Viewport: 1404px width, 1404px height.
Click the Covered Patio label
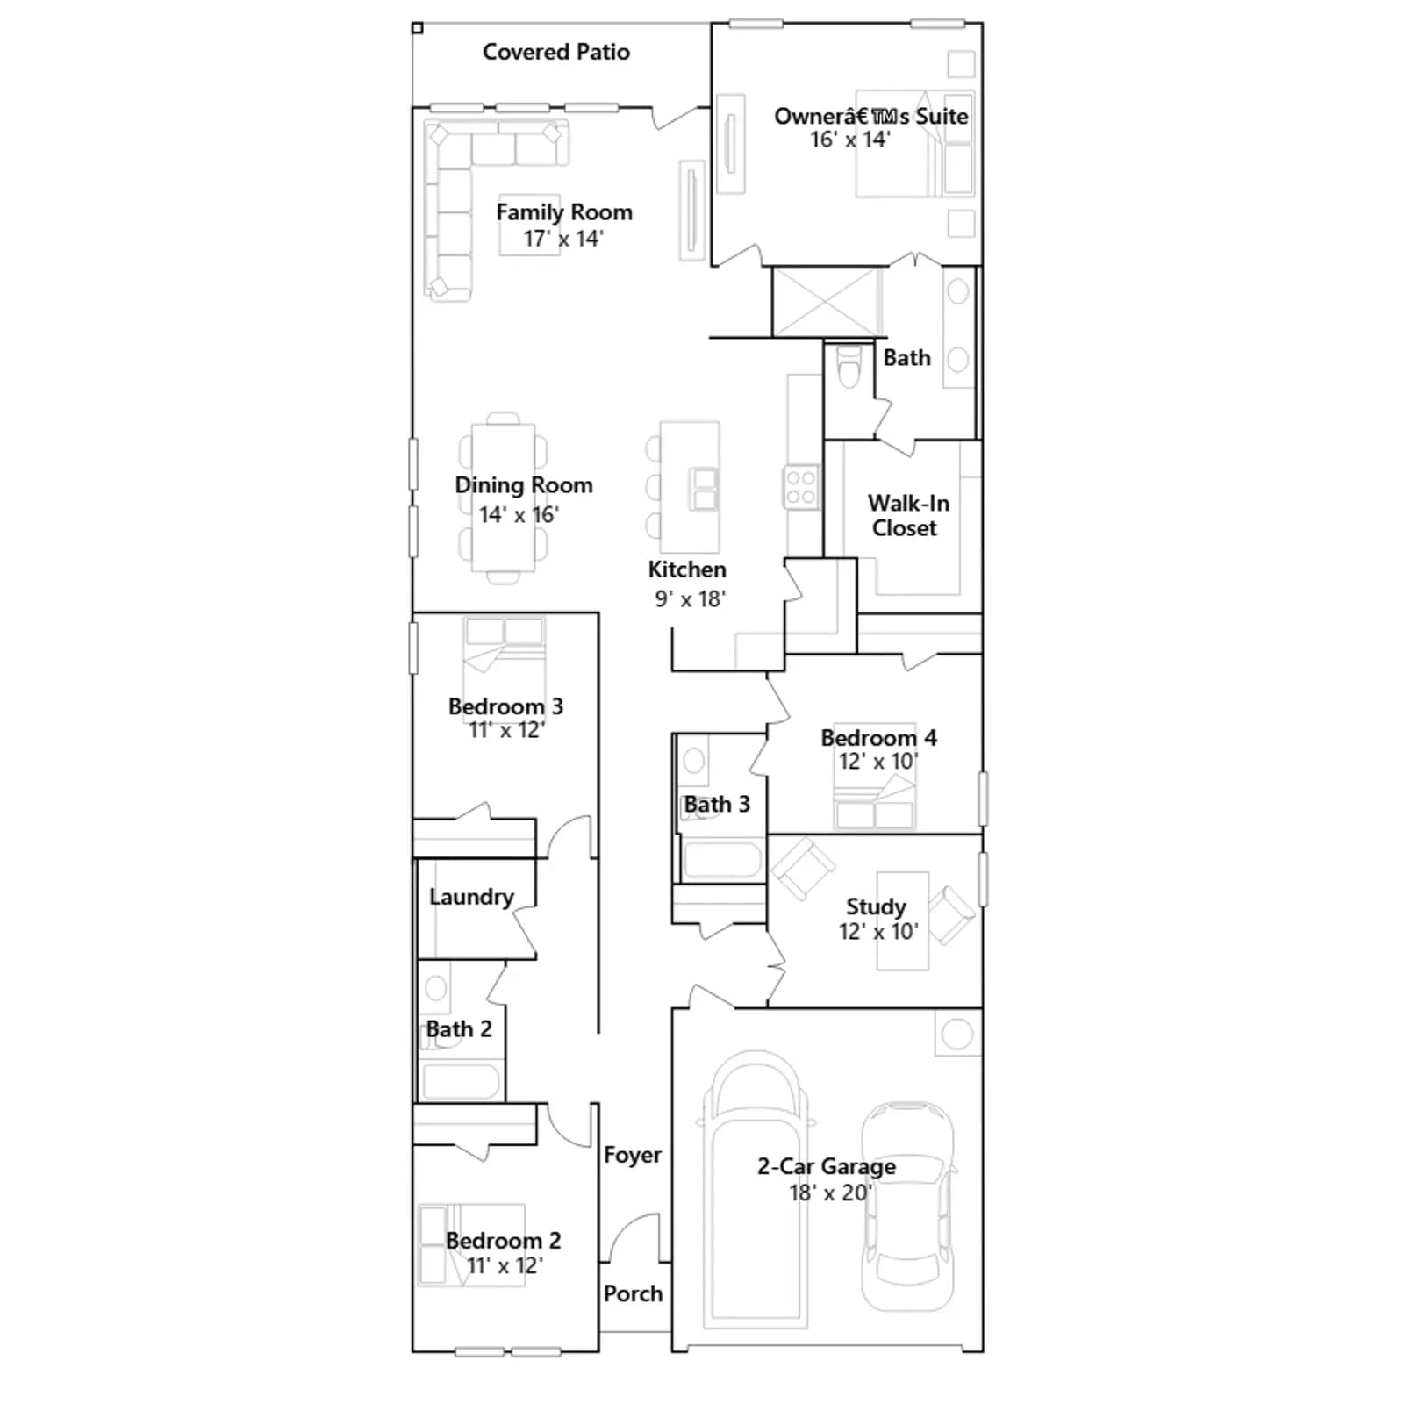coord(556,52)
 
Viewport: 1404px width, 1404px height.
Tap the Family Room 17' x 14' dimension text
coord(563,239)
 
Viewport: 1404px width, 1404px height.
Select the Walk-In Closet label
coord(907,515)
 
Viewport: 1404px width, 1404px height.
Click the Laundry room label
coord(471,897)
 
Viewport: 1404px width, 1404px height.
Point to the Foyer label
coord(633,1155)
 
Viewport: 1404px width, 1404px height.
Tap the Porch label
coord(633,1293)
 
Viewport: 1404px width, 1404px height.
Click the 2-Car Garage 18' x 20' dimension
coord(829,1193)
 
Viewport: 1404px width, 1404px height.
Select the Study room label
coord(876,906)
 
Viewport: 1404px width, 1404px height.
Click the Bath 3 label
coord(717,804)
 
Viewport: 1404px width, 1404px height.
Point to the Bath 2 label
coord(459,1028)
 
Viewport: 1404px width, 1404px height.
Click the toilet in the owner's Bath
coord(849,367)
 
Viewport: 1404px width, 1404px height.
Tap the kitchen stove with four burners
coord(800,488)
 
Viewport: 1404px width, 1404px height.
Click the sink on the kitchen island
coord(705,489)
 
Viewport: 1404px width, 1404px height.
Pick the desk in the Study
coord(903,921)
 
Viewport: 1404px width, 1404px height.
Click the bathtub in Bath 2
coord(461,1081)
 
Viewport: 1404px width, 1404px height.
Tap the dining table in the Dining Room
coord(503,498)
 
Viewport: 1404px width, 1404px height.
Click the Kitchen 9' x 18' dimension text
coord(690,599)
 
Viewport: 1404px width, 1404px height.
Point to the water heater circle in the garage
coord(957,1034)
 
